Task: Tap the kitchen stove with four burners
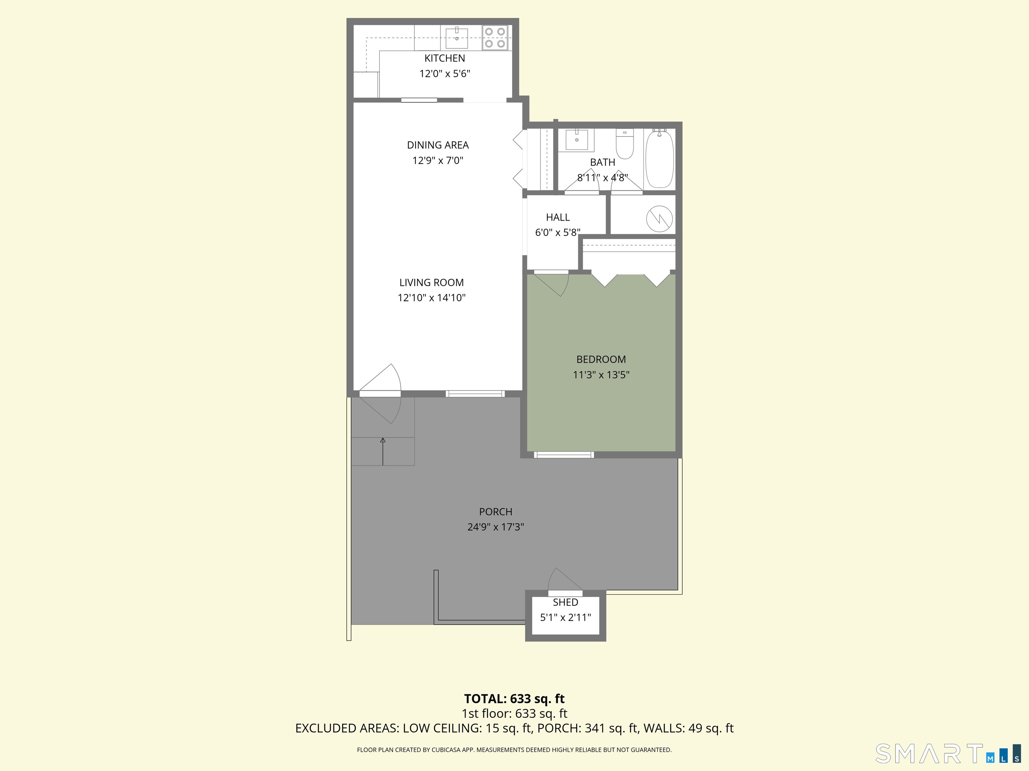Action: point(495,37)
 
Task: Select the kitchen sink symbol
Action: point(457,37)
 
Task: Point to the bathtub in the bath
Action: point(659,159)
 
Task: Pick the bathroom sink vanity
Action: point(576,140)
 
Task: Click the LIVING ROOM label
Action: point(431,282)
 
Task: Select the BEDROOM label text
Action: point(601,359)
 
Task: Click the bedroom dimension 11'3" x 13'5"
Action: point(601,374)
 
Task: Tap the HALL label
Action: point(558,217)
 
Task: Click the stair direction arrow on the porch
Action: point(383,451)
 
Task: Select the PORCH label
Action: point(495,512)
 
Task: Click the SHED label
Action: point(565,602)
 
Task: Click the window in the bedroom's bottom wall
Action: point(564,454)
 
